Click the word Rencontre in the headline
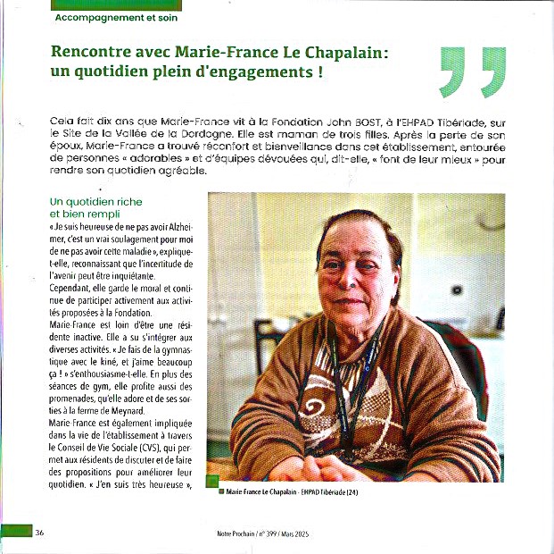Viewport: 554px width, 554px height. [90, 54]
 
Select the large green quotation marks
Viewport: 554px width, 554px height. [473, 72]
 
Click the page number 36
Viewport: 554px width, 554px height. [40, 533]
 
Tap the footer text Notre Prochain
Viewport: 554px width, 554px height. [236, 533]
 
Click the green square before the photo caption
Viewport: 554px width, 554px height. [221, 491]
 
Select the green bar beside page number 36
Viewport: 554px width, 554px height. [15, 532]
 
